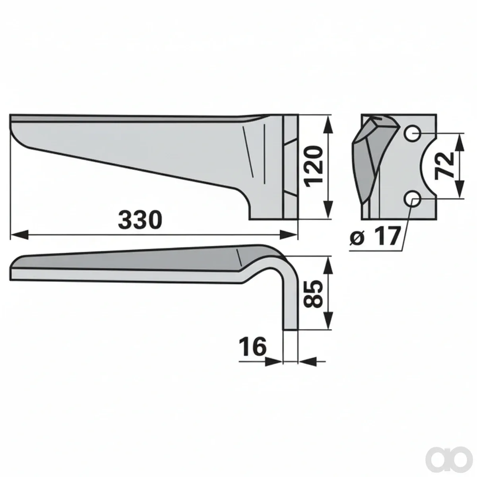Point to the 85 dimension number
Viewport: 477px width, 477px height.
tap(314, 294)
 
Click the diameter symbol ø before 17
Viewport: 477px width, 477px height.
tap(357, 238)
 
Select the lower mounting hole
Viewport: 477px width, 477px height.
tap(413, 198)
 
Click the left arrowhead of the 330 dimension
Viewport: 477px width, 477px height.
tap(20, 235)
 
